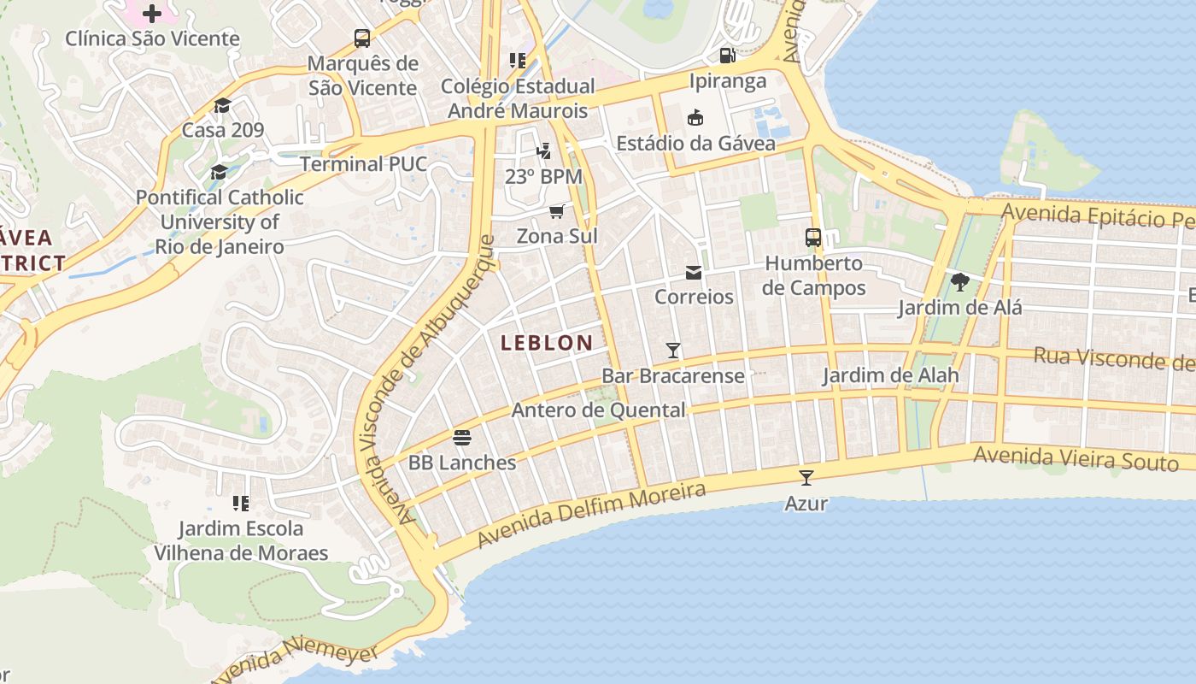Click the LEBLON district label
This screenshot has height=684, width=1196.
click(x=547, y=343)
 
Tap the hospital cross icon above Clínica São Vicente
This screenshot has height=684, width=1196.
click(x=152, y=14)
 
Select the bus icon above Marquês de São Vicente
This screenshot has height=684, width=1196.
click(x=362, y=38)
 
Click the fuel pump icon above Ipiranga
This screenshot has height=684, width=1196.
click(x=727, y=56)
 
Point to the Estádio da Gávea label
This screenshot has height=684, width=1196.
click(x=695, y=143)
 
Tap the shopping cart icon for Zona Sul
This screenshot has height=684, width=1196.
click(x=557, y=211)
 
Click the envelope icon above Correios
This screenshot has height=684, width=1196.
click(x=693, y=273)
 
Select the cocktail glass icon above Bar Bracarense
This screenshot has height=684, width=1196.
click(x=673, y=351)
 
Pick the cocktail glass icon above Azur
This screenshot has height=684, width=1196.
click(x=806, y=478)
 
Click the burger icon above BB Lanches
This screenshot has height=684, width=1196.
click(x=462, y=438)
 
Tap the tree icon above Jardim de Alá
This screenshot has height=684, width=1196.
click(x=959, y=282)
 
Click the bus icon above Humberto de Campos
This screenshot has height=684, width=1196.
click(x=813, y=238)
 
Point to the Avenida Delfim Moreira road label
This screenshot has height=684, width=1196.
click(x=592, y=515)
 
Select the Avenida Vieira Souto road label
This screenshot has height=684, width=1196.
click(x=1076, y=458)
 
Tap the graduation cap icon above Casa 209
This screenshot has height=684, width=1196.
click(x=222, y=105)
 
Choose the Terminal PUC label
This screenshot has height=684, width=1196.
click(x=363, y=164)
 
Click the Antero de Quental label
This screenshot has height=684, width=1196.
click(x=598, y=410)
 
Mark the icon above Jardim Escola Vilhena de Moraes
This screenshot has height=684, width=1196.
click(x=241, y=504)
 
